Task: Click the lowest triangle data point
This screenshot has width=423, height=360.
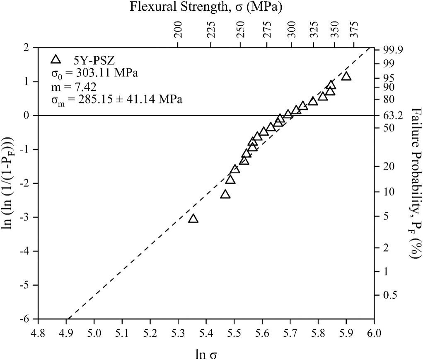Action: [193, 219]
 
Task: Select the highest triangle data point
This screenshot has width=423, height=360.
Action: [346, 76]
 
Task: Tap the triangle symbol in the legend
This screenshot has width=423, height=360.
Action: [56, 60]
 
